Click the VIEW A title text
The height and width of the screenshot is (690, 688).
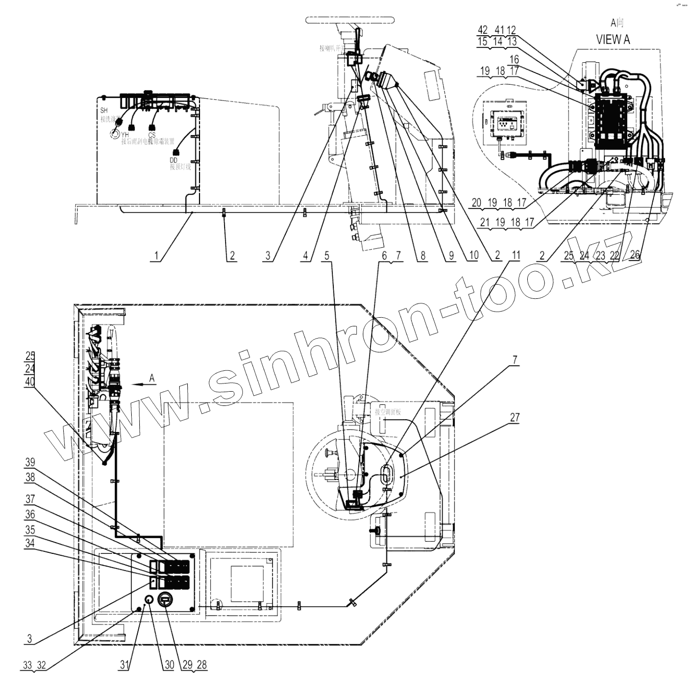(x=612, y=39)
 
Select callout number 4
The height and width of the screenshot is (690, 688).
(x=306, y=255)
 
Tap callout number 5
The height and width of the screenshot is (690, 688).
(x=327, y=255)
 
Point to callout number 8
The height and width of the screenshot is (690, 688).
(x=422, y=255)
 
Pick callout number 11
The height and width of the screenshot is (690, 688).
(x=515, y=255)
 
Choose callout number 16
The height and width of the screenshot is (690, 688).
(x=514, y=60)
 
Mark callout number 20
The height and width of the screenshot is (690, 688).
(x=476, y=202)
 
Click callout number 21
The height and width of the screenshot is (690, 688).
(x=484, y=222)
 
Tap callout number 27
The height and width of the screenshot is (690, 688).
(x=514, y=417)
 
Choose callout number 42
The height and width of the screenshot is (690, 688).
(x=482, y=30)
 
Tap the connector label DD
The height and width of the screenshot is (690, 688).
(x=174, y=160)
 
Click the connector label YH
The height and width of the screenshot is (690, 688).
(x=125, y=135)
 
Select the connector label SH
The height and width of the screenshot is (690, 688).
(x=104, y=111)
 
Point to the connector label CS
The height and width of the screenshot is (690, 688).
(x=152, y=135)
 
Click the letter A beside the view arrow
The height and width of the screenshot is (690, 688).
(x=152, y=378)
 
